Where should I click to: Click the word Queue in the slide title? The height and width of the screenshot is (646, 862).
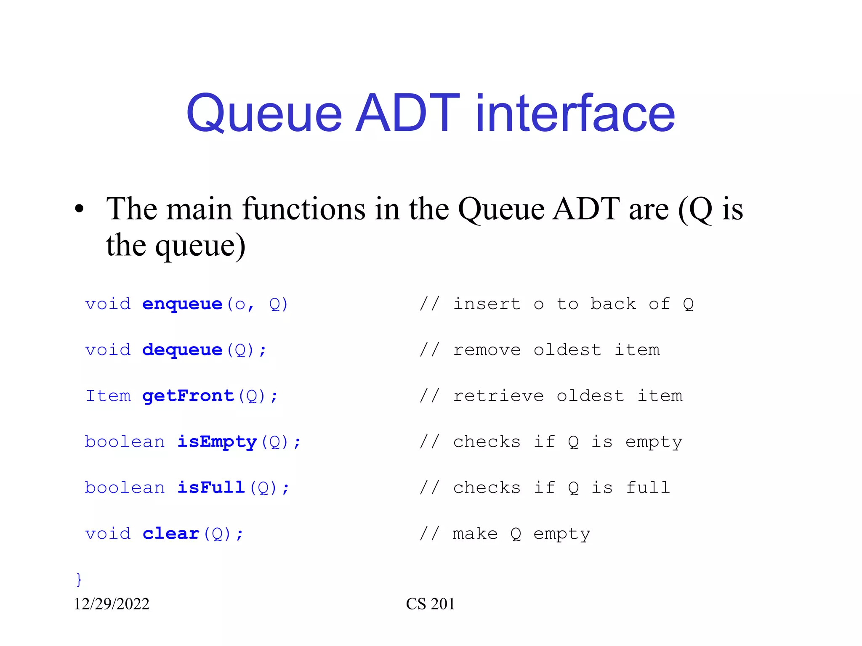[x=264, y=114]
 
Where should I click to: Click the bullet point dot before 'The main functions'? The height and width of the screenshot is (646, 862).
[x=79, y=209]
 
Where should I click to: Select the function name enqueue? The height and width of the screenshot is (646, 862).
[x=182, y=304]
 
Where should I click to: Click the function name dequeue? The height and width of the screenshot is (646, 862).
[x=182, y=350]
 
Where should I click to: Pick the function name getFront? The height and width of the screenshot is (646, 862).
[x=188, y=396]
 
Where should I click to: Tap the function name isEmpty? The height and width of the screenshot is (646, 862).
[x=217, y=442]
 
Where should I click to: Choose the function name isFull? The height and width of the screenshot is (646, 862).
[x=211, y=487]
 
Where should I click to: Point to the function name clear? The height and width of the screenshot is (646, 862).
[x=171, y=534]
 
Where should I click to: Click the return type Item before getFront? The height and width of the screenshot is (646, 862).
[x=108, y=396]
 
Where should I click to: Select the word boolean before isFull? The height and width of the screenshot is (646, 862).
[x=125, y=487]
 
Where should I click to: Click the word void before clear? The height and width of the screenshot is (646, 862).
[x=108, y=534]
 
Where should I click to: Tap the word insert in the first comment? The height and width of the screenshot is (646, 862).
[x=487, y=304]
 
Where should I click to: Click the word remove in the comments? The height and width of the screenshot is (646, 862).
[x=487, y=350]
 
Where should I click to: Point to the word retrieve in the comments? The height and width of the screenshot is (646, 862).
[x=498, y=396]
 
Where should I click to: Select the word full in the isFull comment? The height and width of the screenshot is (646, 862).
[x=648, y=487]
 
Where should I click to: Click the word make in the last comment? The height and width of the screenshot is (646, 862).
[x=475, y=534]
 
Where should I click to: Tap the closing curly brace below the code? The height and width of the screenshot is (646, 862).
[x=79, y=579]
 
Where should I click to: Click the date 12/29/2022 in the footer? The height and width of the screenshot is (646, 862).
[x=112, y=604]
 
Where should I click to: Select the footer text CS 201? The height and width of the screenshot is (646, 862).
[x=430, y=604]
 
